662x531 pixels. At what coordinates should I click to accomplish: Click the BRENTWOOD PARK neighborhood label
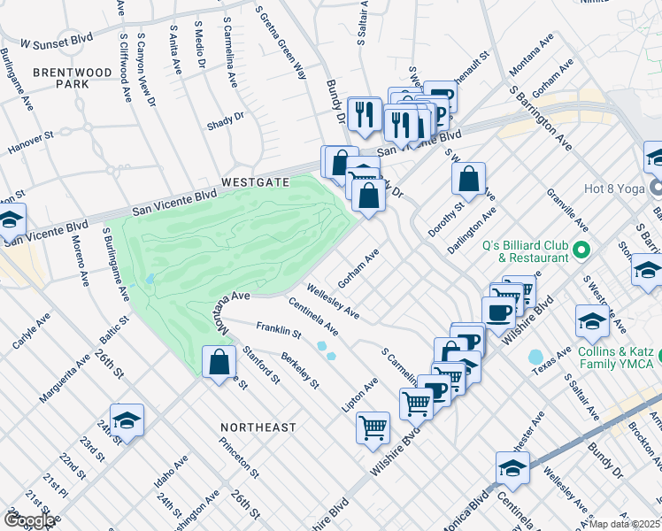coord(61,77)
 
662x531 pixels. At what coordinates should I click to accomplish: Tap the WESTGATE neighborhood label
coord(255,181)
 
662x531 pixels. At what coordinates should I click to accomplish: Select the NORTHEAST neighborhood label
coord(258,427)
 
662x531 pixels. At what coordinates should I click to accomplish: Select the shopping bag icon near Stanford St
coord(219,363)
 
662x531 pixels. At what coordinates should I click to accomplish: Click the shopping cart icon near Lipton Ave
coord(373,428)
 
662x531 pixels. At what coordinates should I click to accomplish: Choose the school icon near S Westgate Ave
coord(590,323)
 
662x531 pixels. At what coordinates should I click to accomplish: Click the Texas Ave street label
coord(550,365)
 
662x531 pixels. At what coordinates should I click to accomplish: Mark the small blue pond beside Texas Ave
coord(535,358)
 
